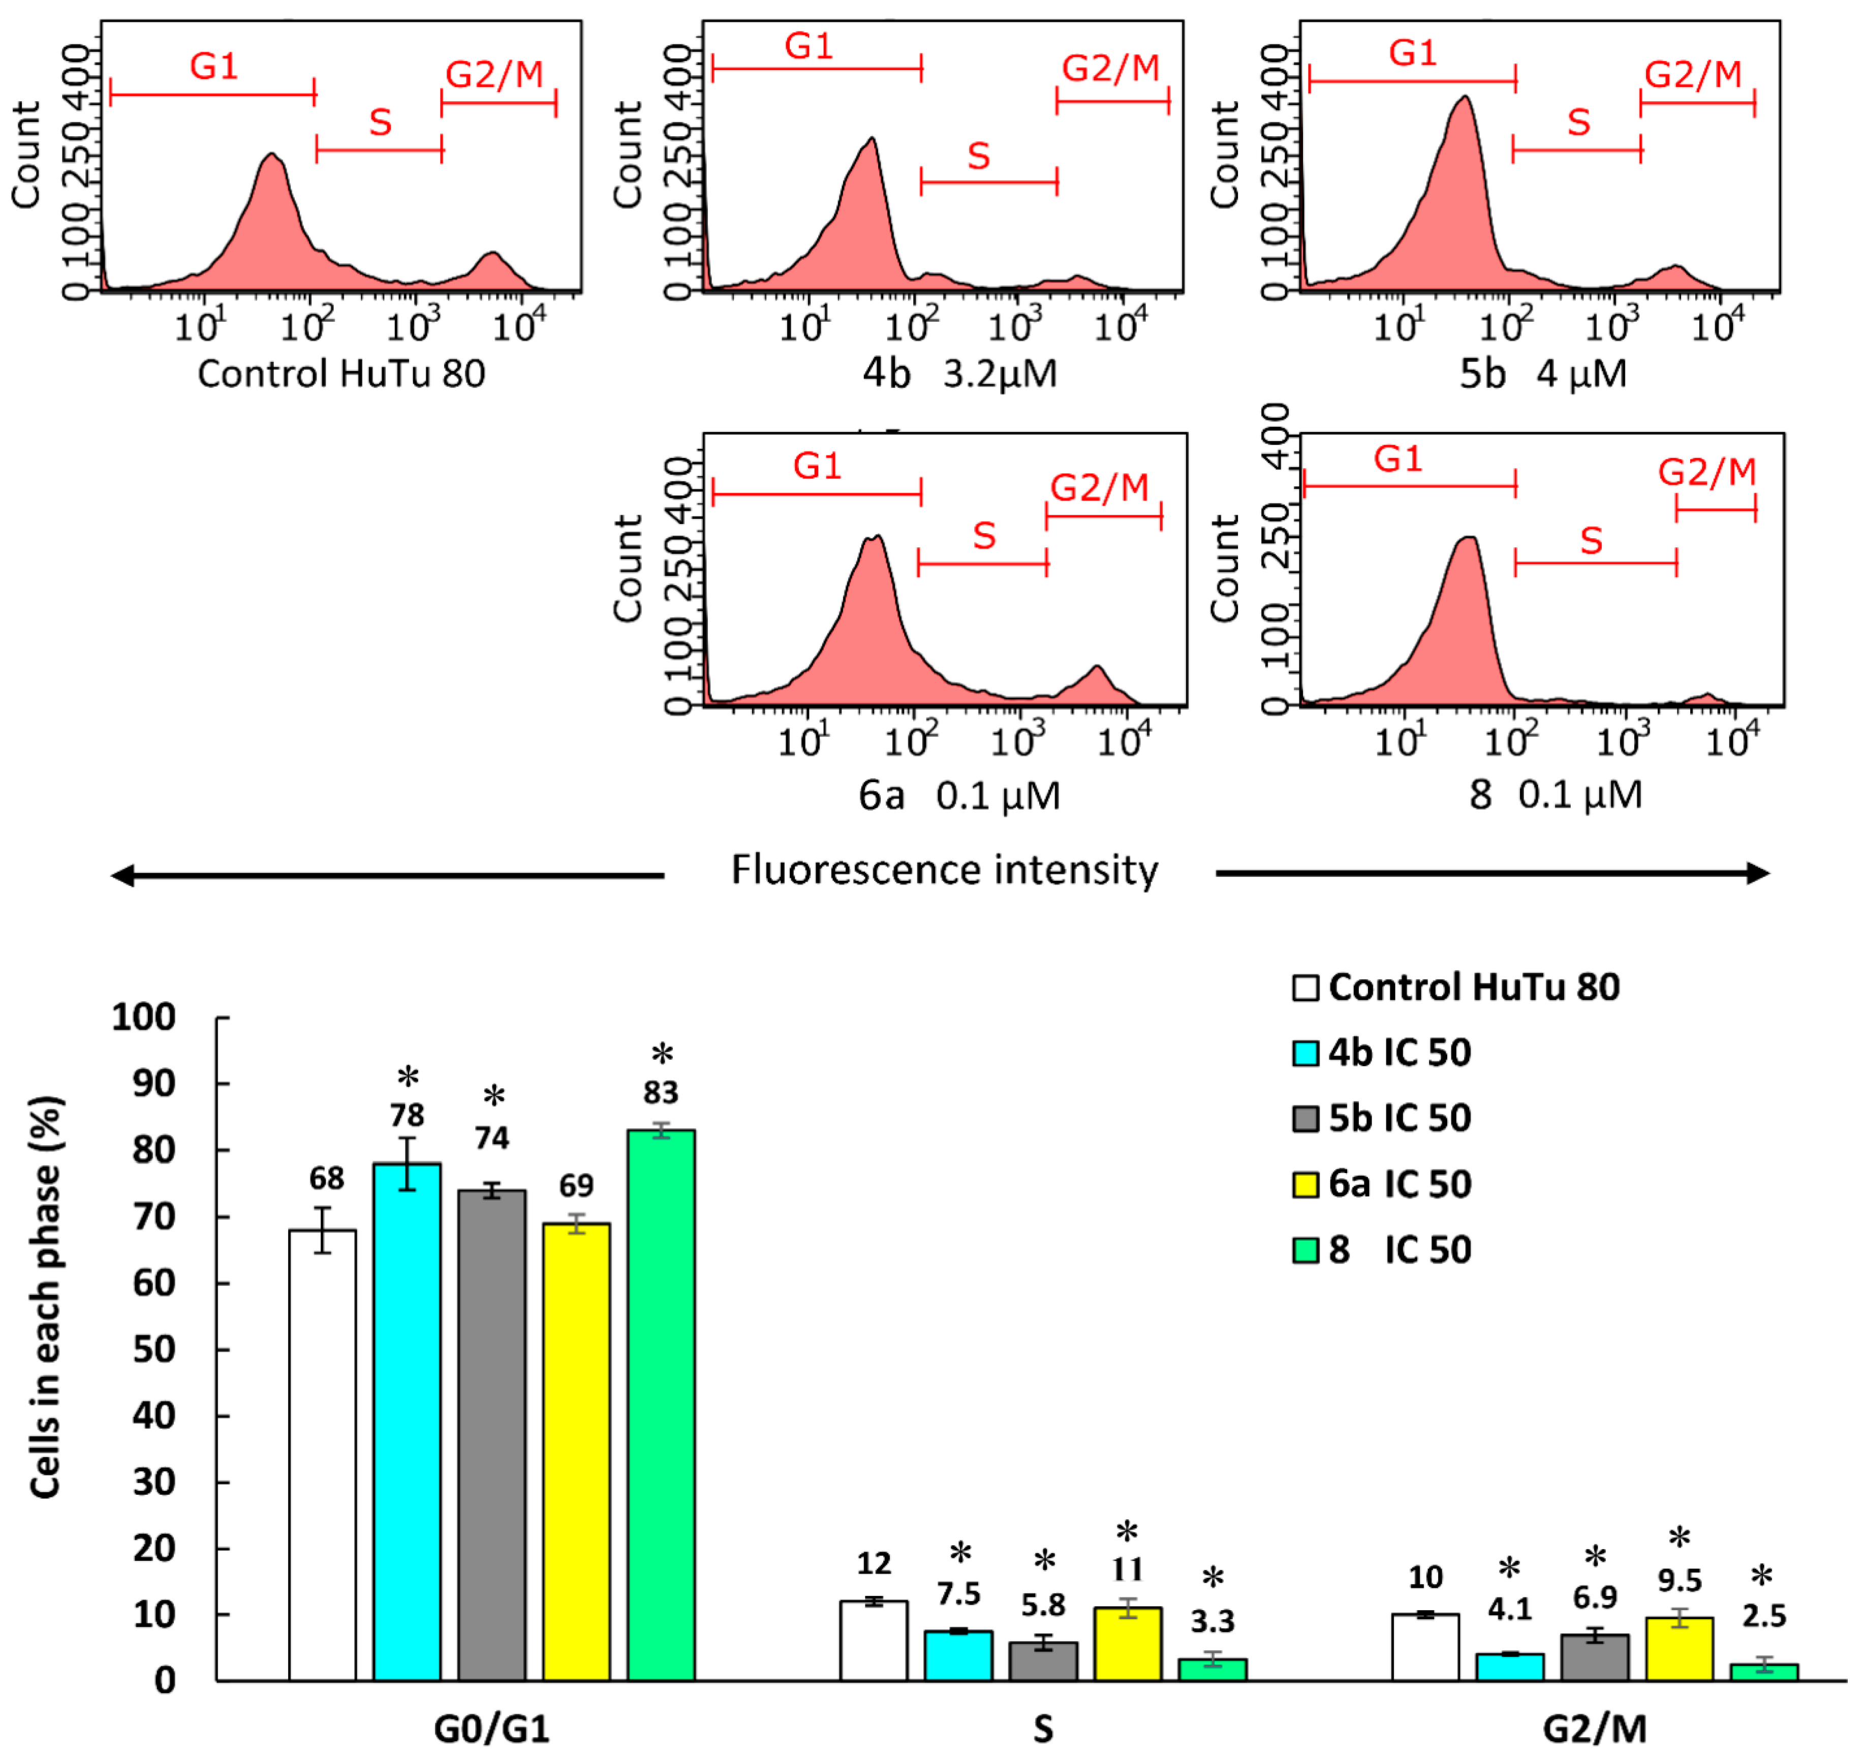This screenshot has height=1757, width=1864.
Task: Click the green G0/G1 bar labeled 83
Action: point(661,1406)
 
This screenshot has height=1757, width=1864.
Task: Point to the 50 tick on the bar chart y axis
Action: point(154,1349)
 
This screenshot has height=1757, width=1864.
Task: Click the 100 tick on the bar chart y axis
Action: point(143,1018)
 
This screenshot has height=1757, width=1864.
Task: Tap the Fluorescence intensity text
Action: point(944,870)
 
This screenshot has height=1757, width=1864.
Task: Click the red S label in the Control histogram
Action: point(380,122)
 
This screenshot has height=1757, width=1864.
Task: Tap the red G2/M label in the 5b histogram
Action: point(1693,74)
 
